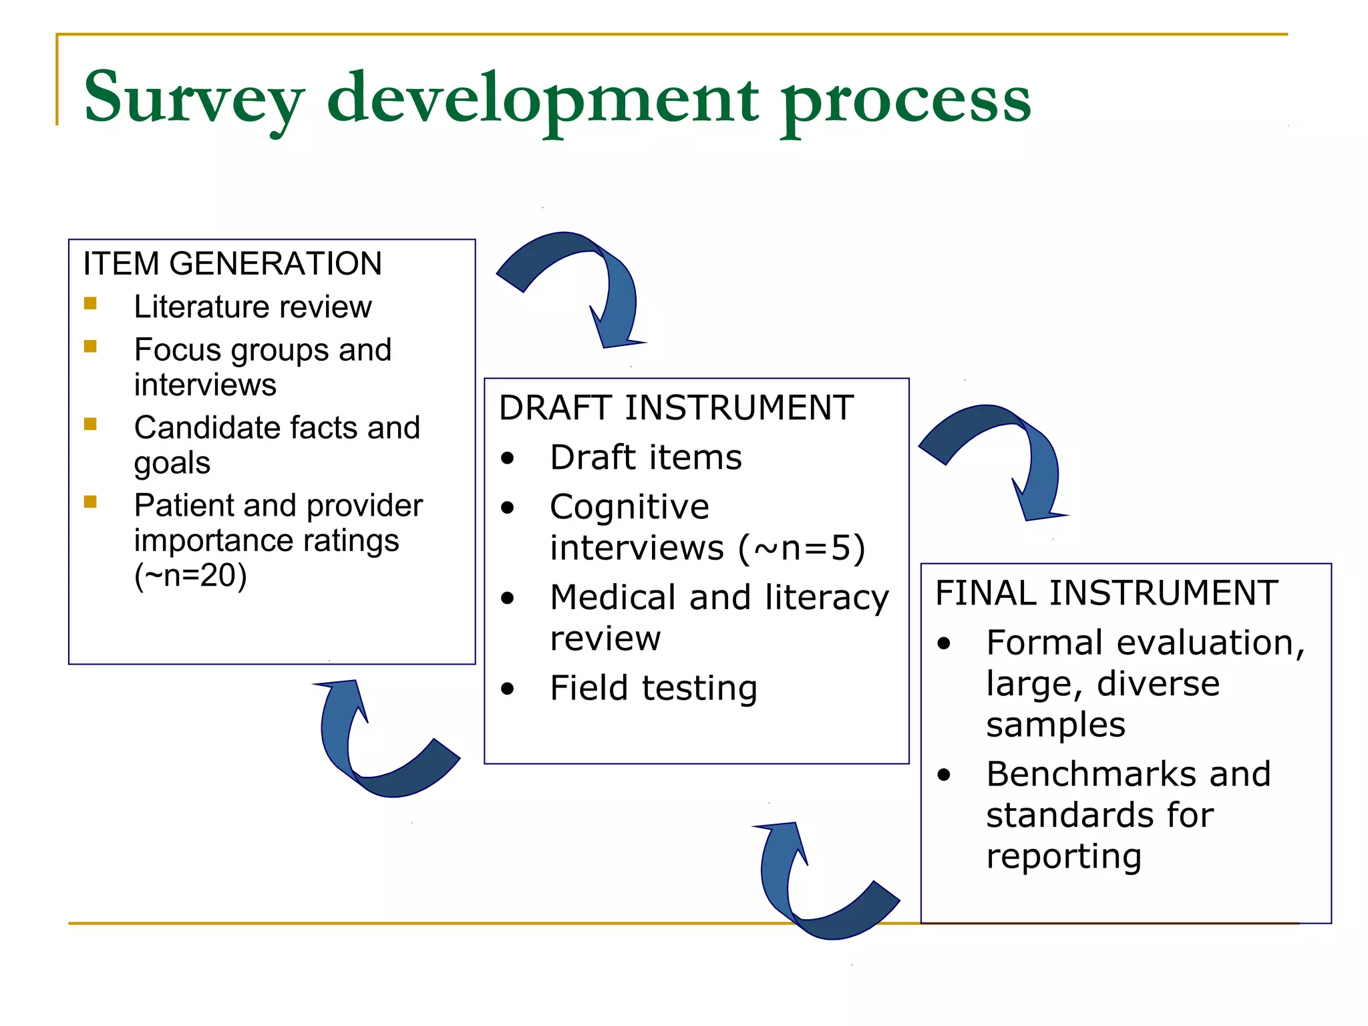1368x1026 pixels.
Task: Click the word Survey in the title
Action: [194, 99]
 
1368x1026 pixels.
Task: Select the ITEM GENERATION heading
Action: [232, 263]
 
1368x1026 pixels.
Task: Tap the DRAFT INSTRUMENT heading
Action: [676, 407]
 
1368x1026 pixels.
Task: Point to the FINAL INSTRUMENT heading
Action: [1106, 592]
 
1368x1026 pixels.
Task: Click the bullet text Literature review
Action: [252, 307]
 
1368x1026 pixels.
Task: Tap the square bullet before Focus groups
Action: [91, 346]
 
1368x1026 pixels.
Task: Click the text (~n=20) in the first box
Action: [190, 575]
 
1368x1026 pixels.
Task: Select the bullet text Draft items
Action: [645, 458]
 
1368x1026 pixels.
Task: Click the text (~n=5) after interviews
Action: [802, 548]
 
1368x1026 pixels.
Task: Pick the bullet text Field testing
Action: [653, 688]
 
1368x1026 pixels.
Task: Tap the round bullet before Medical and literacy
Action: [508, 598]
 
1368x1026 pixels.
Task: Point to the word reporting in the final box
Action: [1063, 856]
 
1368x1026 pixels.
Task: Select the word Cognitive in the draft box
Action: [629, 506]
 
